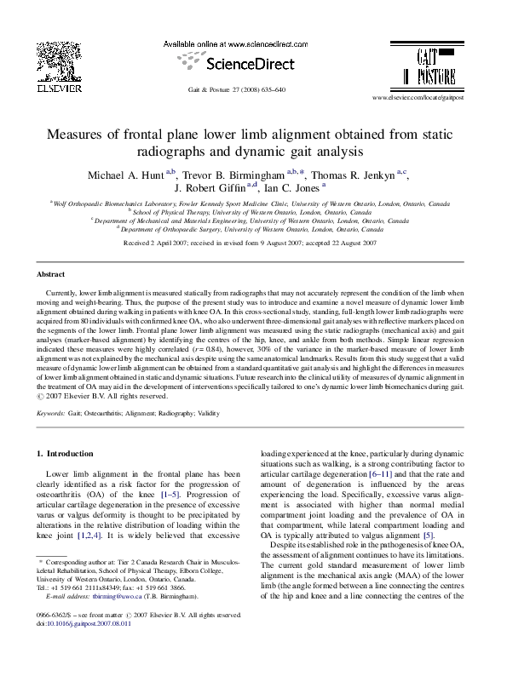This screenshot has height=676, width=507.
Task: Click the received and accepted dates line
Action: click(x=251, y=243)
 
